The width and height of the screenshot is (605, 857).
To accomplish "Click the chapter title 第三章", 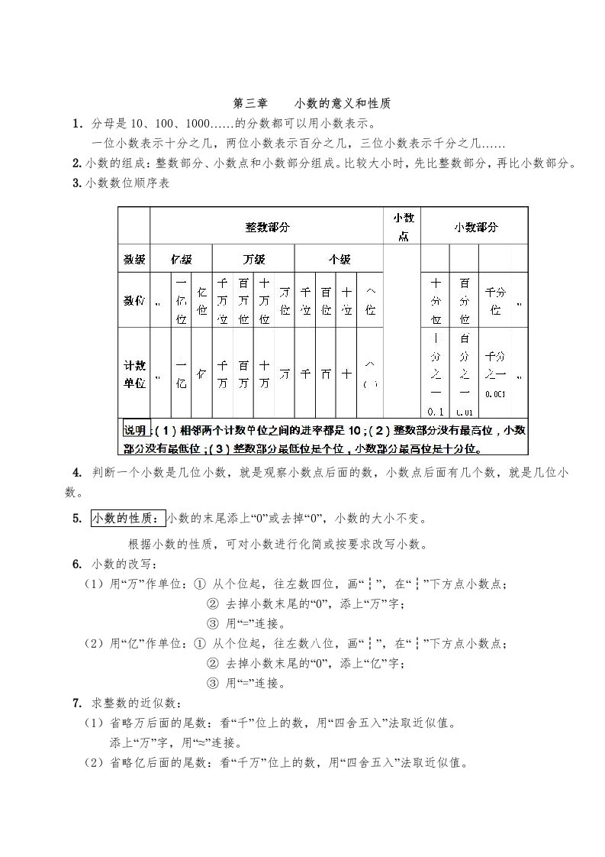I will pos(249,103).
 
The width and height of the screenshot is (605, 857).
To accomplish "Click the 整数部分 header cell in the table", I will pos(266,227).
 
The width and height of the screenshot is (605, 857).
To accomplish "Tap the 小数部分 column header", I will pos(475,227).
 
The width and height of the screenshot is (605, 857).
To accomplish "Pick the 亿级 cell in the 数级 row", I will pos(181,260).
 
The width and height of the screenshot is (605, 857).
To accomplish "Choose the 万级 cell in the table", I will pos(254,260).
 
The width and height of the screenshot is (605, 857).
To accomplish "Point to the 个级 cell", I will pos(339,260).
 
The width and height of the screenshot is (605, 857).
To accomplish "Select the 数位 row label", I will pos(134,302).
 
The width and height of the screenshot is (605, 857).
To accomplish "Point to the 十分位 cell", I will pos(436,301).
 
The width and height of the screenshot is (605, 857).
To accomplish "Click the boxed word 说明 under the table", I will pos(135,430).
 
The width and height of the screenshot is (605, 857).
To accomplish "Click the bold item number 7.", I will pos(77,703).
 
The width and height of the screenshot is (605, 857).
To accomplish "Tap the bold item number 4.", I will pos(77,472).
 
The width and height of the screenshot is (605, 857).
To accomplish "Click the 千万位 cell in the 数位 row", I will pos(223,301).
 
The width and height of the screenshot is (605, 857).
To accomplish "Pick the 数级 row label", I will pos(134,260).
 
